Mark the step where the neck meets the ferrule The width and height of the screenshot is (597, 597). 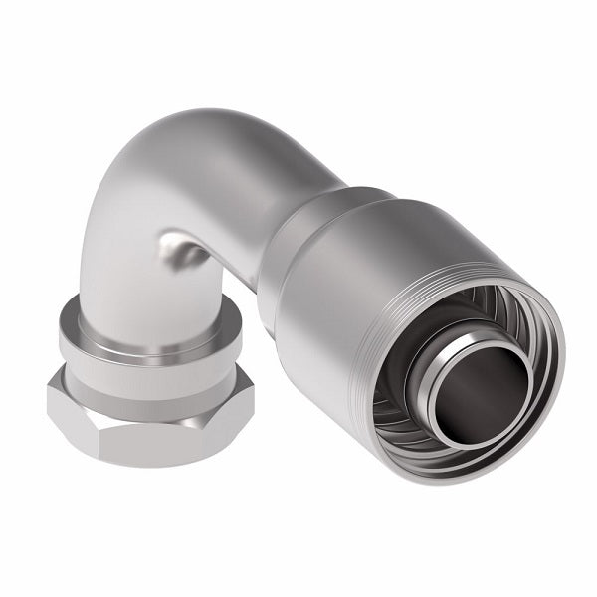tap(333, 214)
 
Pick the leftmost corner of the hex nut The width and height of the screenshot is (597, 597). tap(48, 403)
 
